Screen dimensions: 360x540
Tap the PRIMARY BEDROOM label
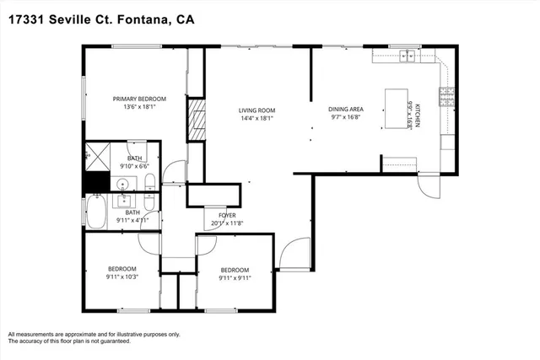(x=139, y=99)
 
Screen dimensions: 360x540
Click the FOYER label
(x=228, y=215)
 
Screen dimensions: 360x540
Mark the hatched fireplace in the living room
(x=197, y=120)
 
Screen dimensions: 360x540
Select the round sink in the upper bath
(x=123, y=183)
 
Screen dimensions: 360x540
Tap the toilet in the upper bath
(x=149, y=183)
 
